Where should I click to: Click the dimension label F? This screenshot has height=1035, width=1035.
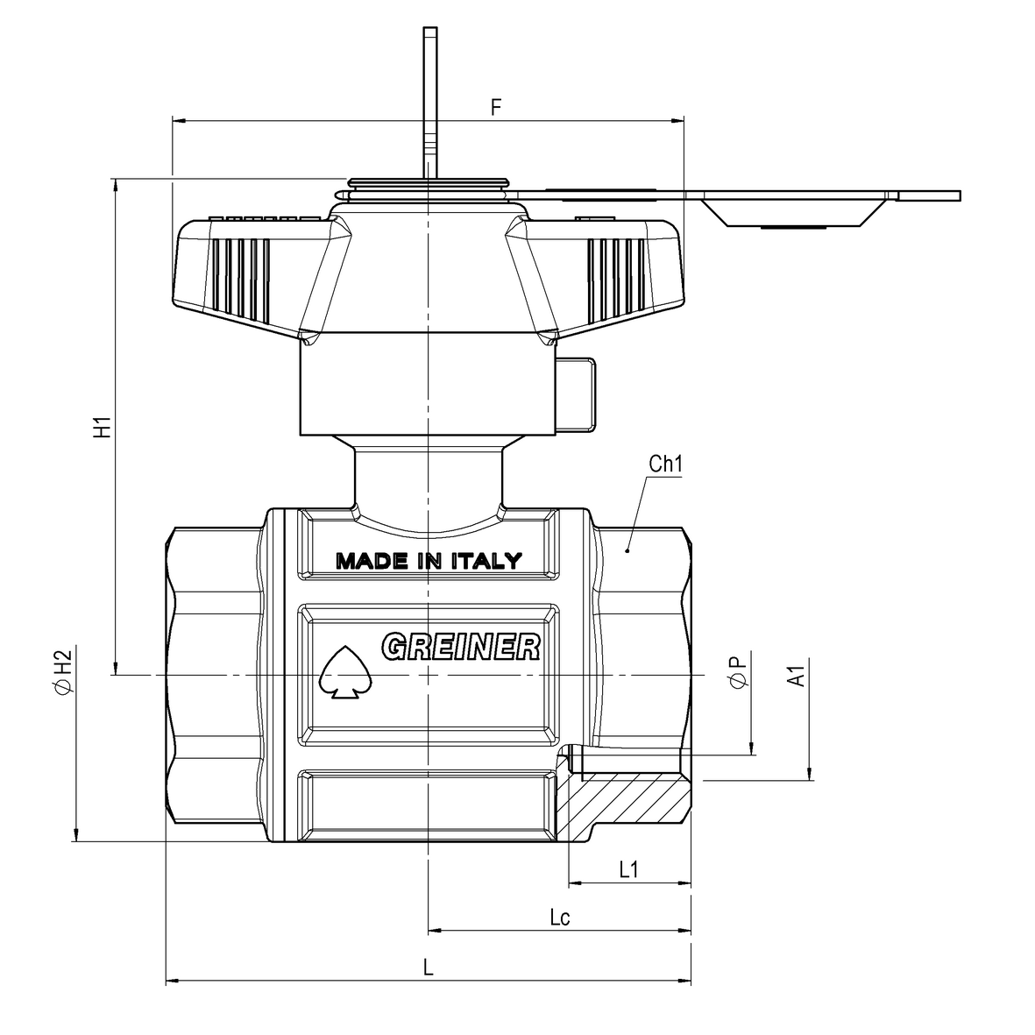tap(496, 107)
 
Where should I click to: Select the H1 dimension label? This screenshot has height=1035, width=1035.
tap(103, 427)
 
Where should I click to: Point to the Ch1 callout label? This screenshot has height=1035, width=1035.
tap(665, 464)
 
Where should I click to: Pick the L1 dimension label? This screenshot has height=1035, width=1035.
tap(629, 869)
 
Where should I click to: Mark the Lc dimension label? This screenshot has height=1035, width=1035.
tap(560, 917)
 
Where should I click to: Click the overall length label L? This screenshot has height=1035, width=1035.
tap(429, 968)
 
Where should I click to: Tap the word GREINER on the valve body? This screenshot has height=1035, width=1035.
tap(461, 647)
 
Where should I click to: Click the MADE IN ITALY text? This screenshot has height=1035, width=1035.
tap(429, 561)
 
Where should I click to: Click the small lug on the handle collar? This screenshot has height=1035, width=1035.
tap(577, 394)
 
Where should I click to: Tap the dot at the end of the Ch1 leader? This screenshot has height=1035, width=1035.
tap(627, 549)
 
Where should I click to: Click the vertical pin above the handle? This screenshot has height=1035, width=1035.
tap(430, 102)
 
